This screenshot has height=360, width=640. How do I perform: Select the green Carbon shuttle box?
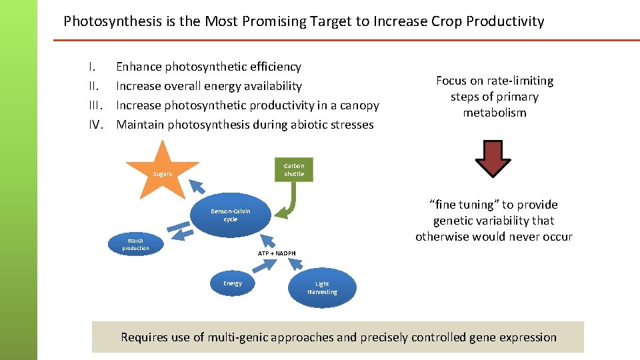(x=294, y=169)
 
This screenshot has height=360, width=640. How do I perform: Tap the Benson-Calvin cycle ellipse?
(x=231, y=215)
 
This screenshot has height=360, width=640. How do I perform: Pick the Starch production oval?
(x=135, y=244)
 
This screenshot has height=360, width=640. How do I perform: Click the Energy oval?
(x=233, y=283)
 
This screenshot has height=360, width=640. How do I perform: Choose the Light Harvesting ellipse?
(x=322, y=288)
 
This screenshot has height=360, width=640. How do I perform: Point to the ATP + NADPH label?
(x=277, y=253)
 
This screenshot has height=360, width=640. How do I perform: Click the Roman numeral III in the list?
(x=95, y=105)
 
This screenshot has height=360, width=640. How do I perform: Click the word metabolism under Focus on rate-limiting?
(x=495, y=113)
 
